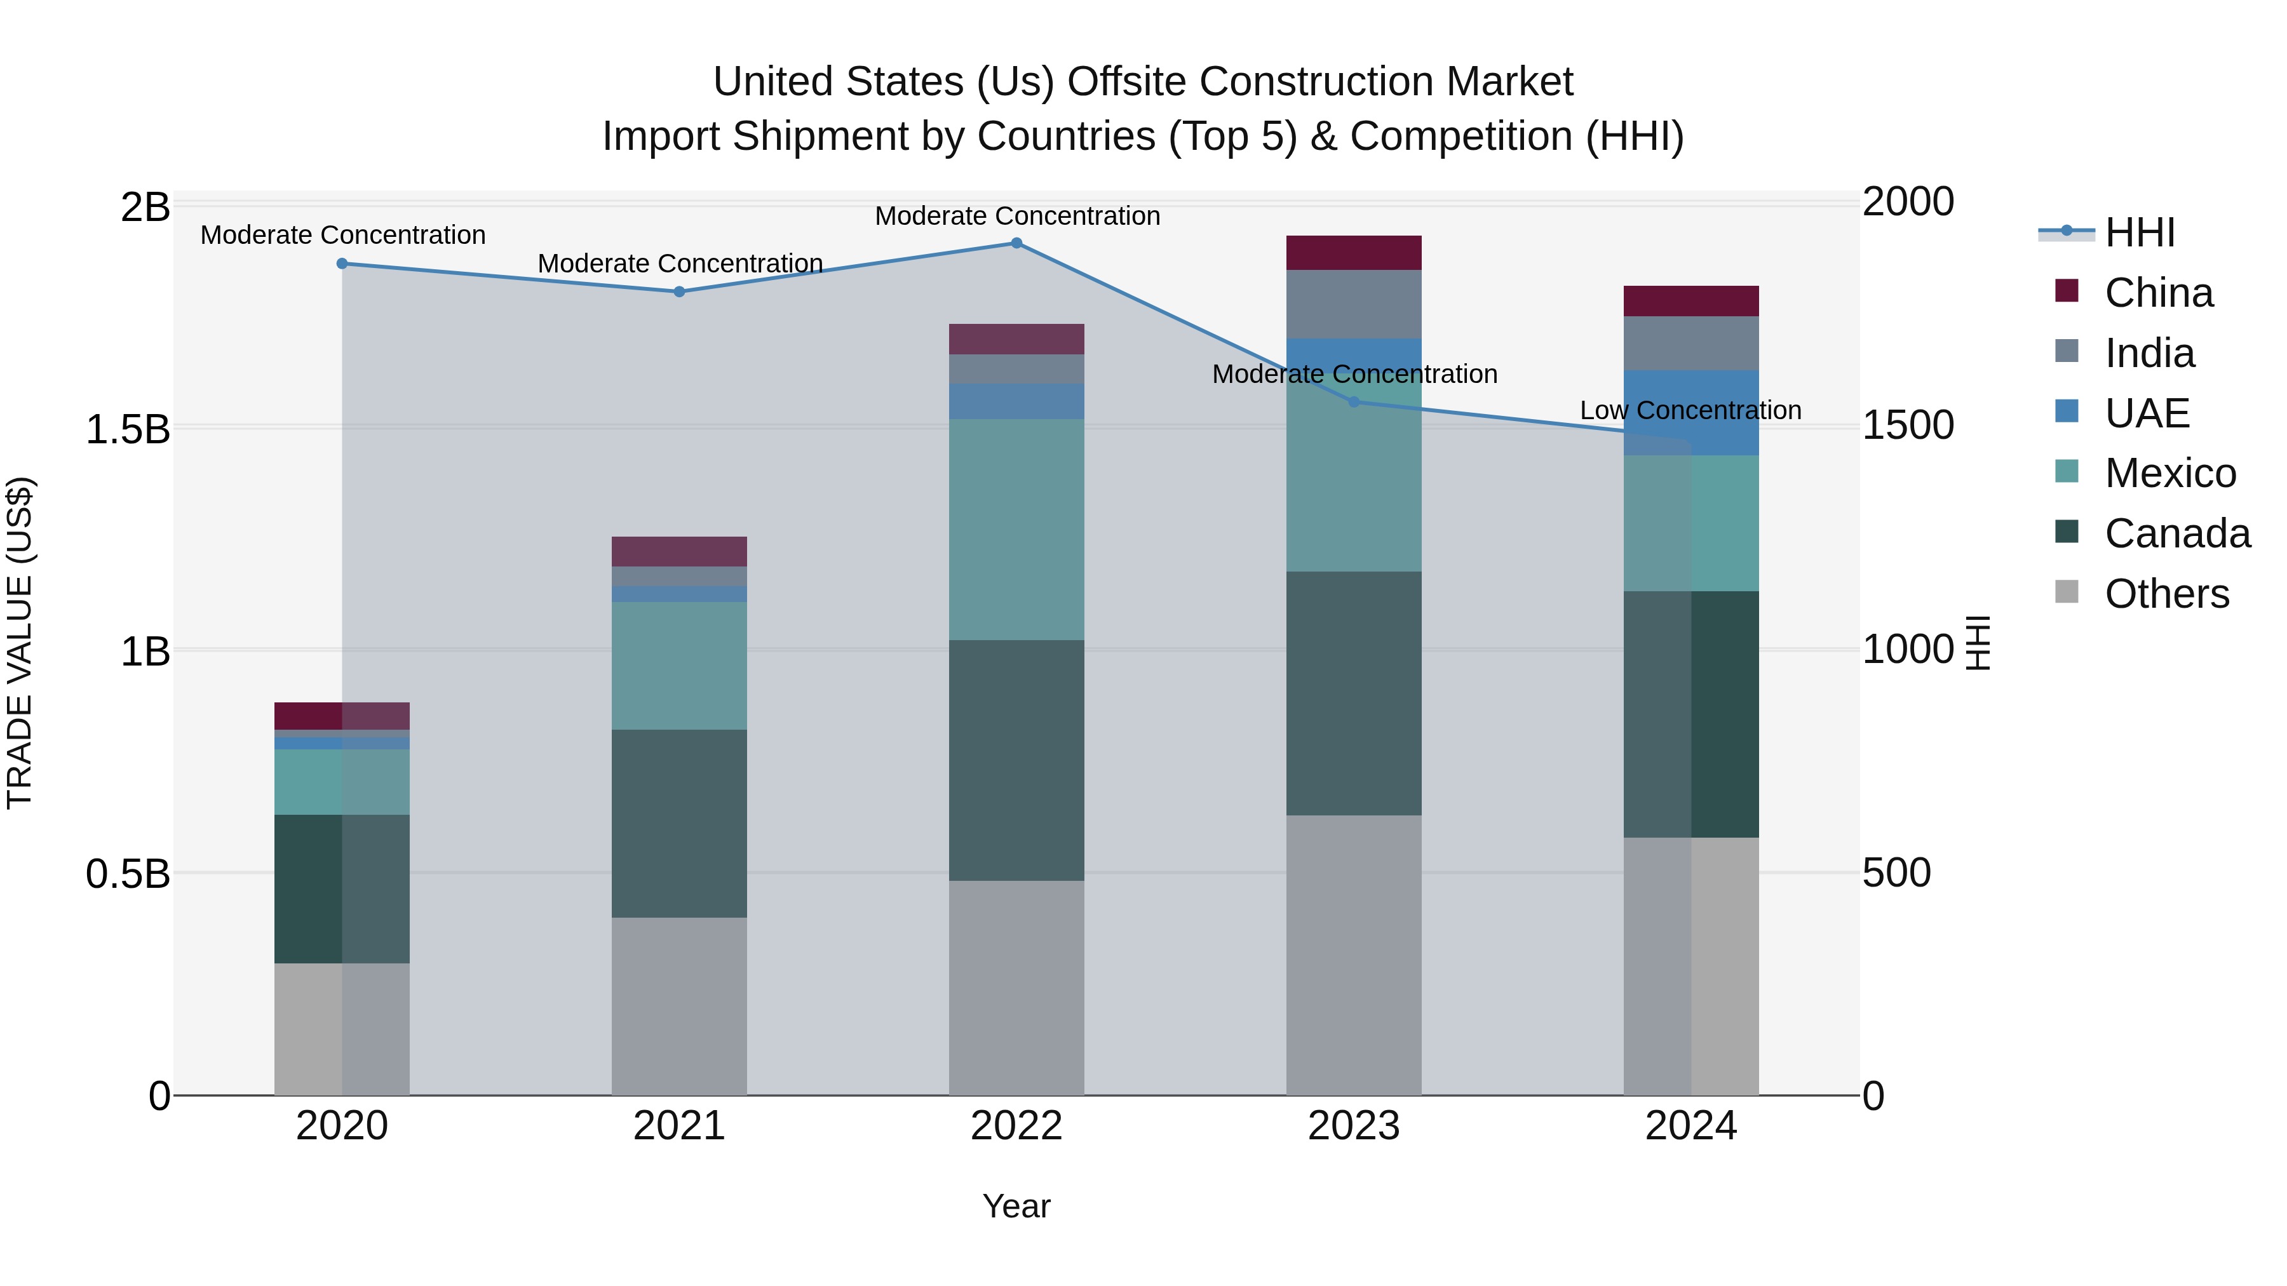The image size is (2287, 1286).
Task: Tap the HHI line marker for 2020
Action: (x=342, y=264)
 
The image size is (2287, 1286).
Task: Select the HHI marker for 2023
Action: (x=1354, y=402)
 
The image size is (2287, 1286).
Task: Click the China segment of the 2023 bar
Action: (x=1354, y=253)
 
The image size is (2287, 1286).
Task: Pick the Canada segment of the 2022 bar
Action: (x=1016, y=761)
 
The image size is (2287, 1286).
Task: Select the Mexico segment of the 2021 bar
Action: (x=679, y=666)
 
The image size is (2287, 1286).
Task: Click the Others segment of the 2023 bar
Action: (x=1354, y=955)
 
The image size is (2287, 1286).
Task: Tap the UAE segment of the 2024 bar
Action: (x=1691, y=413)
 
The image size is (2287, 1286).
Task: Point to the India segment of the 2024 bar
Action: (x=1691, y=344)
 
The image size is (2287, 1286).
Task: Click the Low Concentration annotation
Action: (x=1690, y=411)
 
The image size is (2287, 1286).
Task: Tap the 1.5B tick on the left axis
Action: (x=127, y=429)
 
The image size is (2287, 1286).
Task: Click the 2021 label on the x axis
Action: (x=679, y=1126)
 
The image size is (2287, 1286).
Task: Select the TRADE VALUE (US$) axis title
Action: (x=20, y=643)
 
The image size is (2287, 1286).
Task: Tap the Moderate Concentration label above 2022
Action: (x=1018, y=216)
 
